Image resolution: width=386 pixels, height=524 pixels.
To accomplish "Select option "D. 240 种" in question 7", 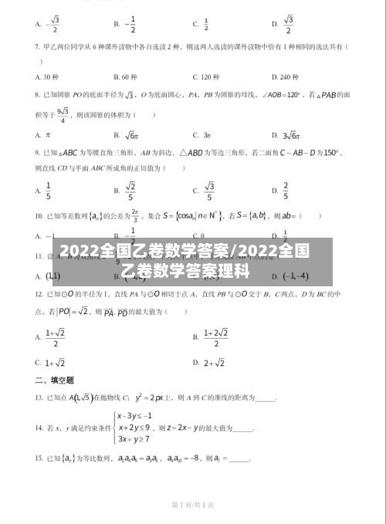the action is [x=286, y=76].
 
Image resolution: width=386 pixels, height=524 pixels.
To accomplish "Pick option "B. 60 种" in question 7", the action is [x=125, y=76].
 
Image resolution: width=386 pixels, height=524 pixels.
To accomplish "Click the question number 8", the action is [x=38, y=95].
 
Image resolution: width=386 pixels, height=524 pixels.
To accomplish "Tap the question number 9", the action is [x=38, y=153].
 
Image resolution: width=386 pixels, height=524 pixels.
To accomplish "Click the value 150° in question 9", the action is [x=330, y=153].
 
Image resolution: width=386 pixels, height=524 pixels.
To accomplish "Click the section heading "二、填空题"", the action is [x=54, y=380].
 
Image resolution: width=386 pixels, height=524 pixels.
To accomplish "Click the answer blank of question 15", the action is [x=239, y=458].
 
